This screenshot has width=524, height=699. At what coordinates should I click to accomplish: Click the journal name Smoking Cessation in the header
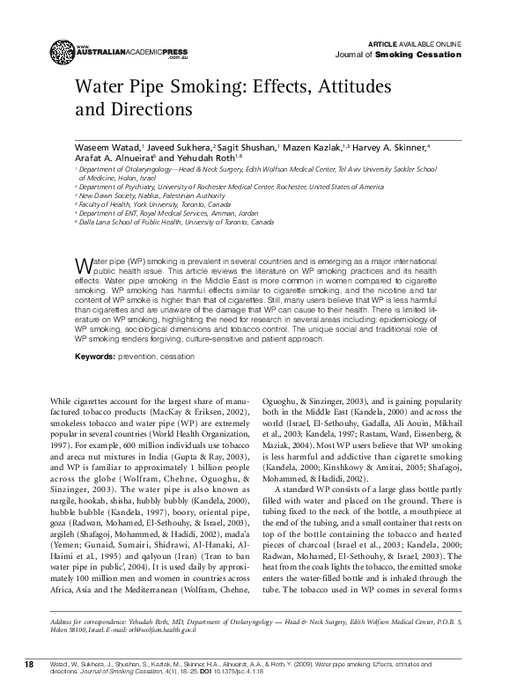[430, 54]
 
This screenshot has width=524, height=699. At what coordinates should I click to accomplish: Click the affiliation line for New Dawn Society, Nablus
[141, 195]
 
